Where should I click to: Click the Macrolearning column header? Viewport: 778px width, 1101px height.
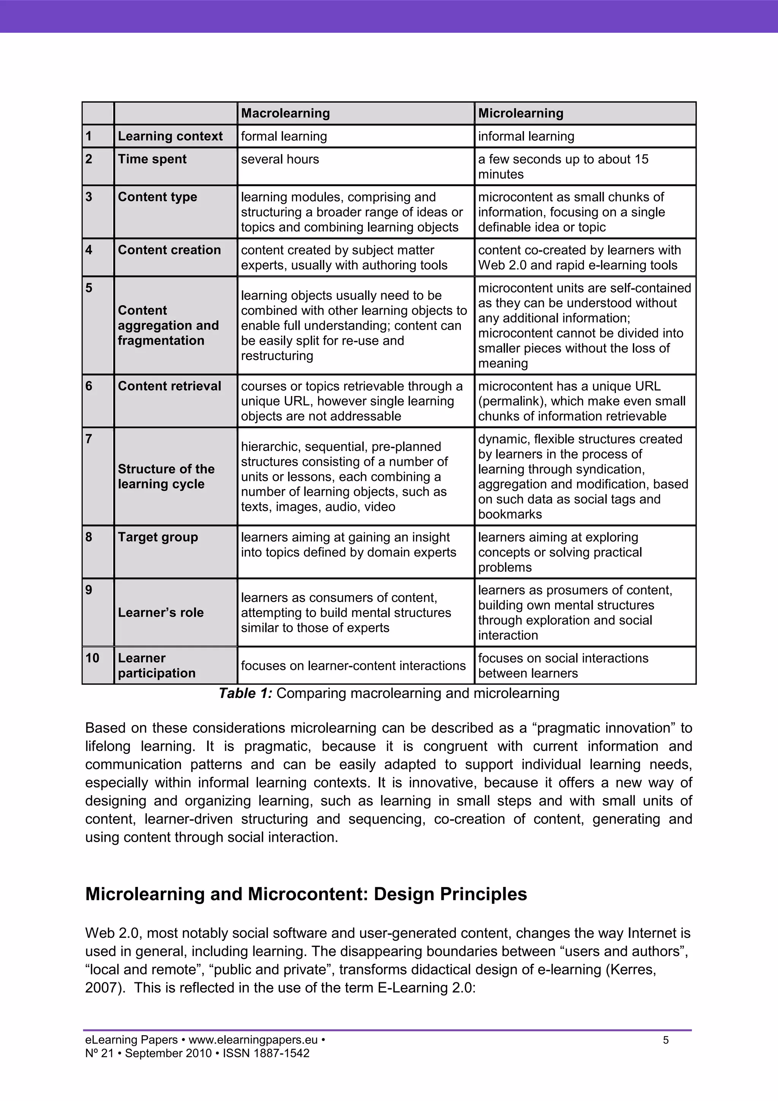(x=286, y=113)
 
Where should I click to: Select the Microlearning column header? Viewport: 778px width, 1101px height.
(x=521, y=113)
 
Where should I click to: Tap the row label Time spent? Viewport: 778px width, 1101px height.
(x=152, y=159)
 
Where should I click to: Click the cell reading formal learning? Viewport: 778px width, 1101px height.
(x=284, y=136)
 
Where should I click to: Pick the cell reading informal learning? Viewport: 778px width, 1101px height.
(x=526, y=136)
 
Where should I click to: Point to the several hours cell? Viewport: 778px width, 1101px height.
(x=280, y=159)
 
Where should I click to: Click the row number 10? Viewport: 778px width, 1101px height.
(x=92, y=658)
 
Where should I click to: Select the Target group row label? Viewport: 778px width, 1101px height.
(x=158, y=537)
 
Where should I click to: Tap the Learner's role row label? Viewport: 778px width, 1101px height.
(x=160, y=612)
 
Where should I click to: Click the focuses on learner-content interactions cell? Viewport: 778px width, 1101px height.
(x=353, y=666)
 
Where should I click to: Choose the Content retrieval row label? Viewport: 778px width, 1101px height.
(x=169, y=386)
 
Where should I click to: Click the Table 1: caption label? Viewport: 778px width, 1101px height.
(x=245, y=693)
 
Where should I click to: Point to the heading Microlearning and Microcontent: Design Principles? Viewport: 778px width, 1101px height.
(x=306, y=894)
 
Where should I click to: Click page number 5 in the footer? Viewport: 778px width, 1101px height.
(x=666, y=1040)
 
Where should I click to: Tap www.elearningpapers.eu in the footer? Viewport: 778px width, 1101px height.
(x=253, y=1040)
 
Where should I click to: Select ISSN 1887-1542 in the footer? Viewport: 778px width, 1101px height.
(x=266, y=1053)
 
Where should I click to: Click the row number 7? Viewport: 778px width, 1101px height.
(x=89, y=439)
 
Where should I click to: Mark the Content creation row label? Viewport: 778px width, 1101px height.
(x=169, y=250)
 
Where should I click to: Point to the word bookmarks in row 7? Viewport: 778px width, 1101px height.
(x=510, y=514)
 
